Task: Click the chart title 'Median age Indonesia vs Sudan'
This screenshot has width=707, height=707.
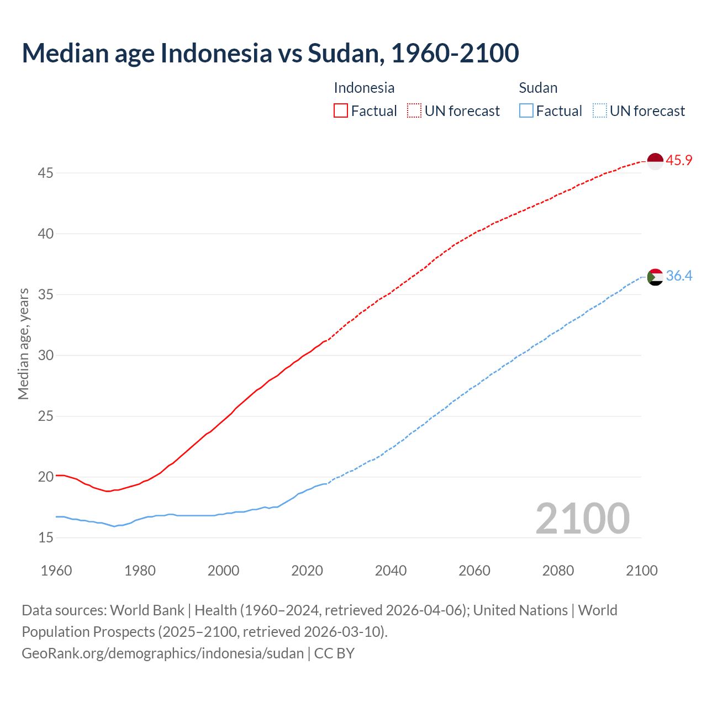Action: [x=270, y=53]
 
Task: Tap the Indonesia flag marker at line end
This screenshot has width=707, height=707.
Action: [x=655, y=161]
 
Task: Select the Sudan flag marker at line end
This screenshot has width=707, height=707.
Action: [x=655, y=277]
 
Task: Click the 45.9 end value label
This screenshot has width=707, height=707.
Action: [x=679, y=161]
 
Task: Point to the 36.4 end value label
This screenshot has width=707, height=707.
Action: [x=679, y=276]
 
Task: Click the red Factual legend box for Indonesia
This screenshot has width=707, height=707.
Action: [x=341, y=111]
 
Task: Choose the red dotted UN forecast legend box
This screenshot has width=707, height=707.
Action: [x=414, y=111]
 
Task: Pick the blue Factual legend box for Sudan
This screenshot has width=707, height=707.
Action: [x=526, y=111]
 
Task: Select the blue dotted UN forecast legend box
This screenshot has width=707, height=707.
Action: [x=599, y=111]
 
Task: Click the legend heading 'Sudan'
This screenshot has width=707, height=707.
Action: [x=538, y=88]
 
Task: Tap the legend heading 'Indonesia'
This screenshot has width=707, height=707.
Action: [x=364, y=88]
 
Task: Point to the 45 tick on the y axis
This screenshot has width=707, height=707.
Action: [x=45, y=173]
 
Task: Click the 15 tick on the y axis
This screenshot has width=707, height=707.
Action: [x=45, y=537]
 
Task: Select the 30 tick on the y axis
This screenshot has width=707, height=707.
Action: [x=45, y=355]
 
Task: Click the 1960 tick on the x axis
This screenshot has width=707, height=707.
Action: [x=56, y=571]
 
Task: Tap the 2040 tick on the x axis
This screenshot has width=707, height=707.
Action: [x=391, y=571]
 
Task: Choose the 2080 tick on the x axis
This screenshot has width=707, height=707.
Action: [x=558, y=571]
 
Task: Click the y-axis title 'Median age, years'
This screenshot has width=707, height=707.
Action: [x=23, y=344]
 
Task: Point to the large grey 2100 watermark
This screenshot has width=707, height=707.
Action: [x=582, y=519]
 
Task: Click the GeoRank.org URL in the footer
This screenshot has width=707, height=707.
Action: [x=162, y=653]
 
